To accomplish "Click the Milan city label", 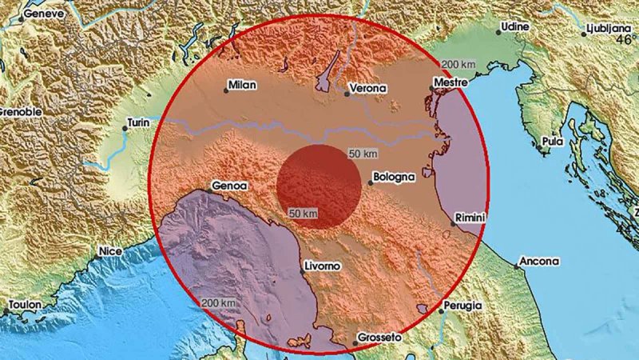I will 241,83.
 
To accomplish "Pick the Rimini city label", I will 470,217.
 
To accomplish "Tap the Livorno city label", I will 323,265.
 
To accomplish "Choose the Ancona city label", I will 538,261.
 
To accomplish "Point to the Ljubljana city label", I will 609,28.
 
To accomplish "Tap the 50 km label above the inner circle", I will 363,152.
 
